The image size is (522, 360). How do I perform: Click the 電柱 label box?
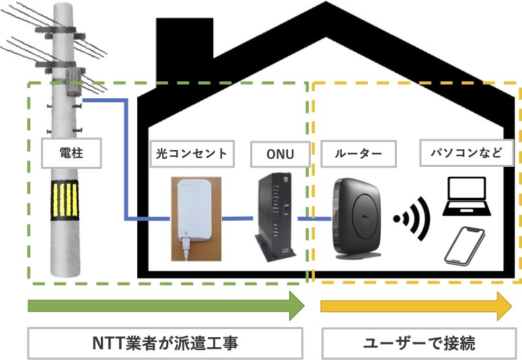point(71,154)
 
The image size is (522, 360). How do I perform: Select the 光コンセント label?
point(193,154)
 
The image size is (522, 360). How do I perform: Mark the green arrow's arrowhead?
point(297,307)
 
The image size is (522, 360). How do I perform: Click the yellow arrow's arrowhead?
point(505,307)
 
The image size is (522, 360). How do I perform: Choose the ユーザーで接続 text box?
point(419,343)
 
